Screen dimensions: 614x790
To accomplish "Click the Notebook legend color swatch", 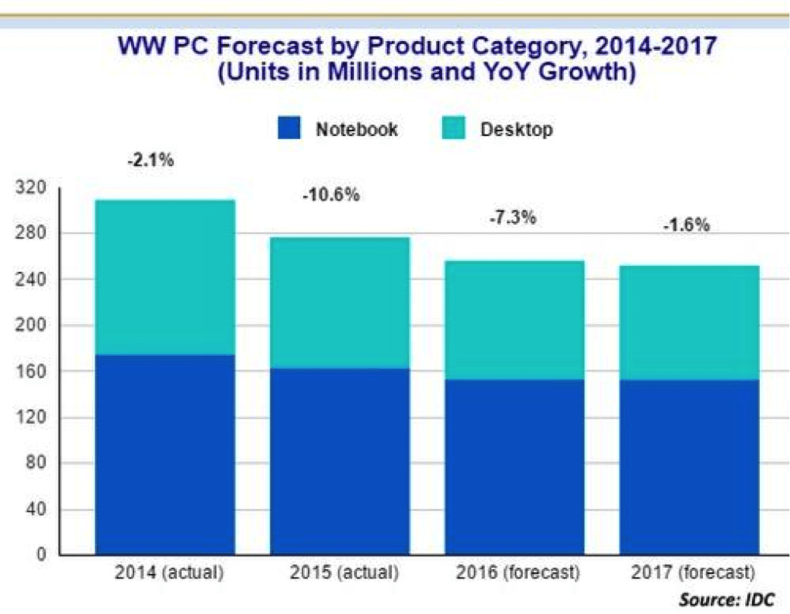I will (289, 128).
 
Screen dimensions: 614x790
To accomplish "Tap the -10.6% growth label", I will (331, 195).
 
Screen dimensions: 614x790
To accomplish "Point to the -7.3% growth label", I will (512, 218).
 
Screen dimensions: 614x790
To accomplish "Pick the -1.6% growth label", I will (686, 226).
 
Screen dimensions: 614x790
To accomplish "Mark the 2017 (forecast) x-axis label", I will (692, 574).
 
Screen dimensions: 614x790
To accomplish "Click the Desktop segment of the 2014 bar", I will (165, 277).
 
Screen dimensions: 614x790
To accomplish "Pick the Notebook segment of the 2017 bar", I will (689, 466).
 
